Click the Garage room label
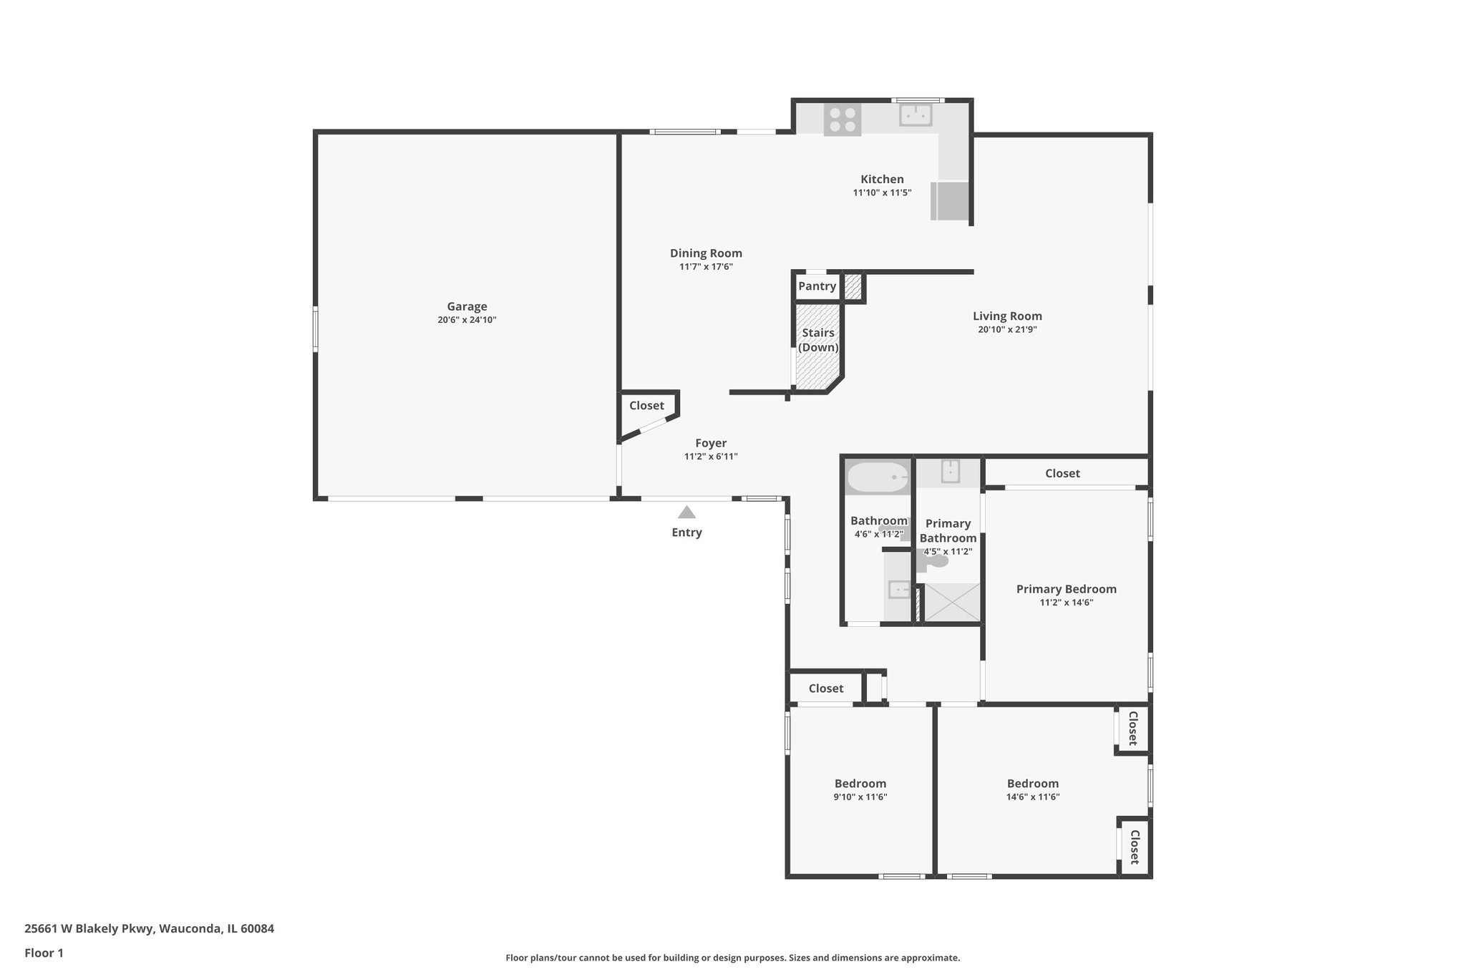[467, 306]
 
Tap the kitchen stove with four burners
[843, 120]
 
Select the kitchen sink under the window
[915, 115]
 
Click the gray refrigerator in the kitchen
[950, 201]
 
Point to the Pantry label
[817, 286]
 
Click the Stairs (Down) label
[818, 340]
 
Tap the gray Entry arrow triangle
[686, 512]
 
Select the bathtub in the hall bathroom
[878, 477]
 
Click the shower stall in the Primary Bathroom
[952, 602]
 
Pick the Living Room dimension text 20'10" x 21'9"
[1007, 330]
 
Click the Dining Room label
[706, 253]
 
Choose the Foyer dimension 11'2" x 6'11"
[711, 457]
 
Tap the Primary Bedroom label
[1066, 589]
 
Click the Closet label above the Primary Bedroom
[1062, 473]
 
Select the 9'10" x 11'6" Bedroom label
[860, 784]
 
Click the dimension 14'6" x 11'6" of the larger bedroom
[1032, 797]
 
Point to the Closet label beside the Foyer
[646, 406]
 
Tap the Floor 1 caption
[44, 953]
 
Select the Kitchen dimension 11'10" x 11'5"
[882, 193]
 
